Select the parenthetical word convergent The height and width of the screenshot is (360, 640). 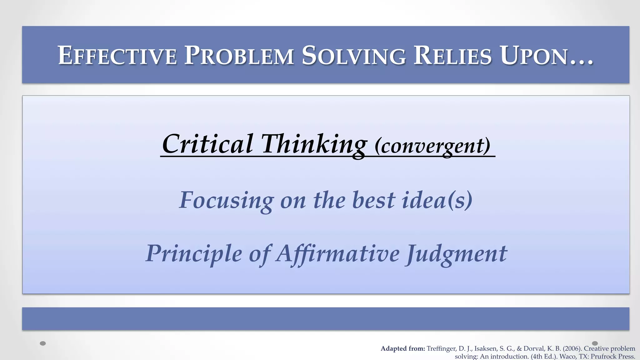coord(432,146)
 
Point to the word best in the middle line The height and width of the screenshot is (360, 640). coord(373,200)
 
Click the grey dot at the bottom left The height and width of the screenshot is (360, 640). coord(43,343)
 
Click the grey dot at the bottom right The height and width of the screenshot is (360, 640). coord(595,343)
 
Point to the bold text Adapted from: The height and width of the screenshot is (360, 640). coord(402,349)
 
